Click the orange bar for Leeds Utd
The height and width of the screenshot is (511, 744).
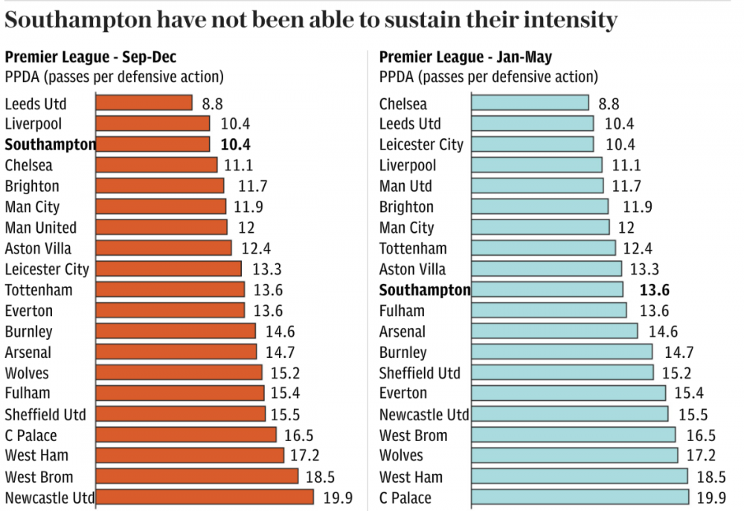[x=144, y=103]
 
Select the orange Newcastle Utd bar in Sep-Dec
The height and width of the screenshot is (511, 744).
[x=205, y=497]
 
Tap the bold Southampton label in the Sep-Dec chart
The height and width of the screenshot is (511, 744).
[x=51, y=144]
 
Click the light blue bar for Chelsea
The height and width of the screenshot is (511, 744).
[x=530, y=103]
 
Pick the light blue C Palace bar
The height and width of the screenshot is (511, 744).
[x=580, y=497]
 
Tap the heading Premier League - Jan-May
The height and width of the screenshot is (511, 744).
[x=466, y=57]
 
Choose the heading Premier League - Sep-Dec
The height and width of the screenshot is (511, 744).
[x=91, y=57]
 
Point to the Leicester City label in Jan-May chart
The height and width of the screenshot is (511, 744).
[x=421, y=144]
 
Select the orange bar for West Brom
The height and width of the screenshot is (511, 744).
[x=197, y=476]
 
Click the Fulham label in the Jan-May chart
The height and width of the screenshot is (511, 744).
[x=402, y=311]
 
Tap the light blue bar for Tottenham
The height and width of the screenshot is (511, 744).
[x=544, y=248]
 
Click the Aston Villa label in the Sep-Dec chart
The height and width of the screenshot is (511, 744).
[x=38, y=248]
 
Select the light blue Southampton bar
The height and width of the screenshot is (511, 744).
[x=548, y=290]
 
